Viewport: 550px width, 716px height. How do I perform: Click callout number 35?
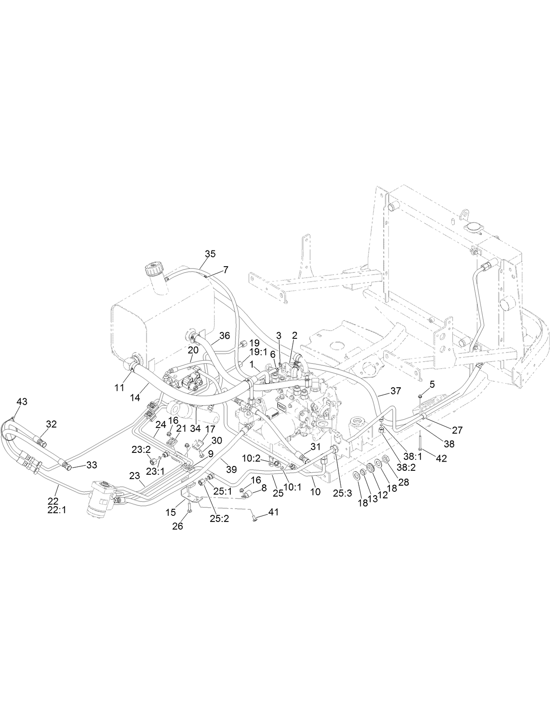click(x=210, y=254)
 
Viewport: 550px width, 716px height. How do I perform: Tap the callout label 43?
click(x=22, y=401)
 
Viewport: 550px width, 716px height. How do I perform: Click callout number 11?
click(x=119, y=387)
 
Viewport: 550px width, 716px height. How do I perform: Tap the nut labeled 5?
click(x=419, y=396)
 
